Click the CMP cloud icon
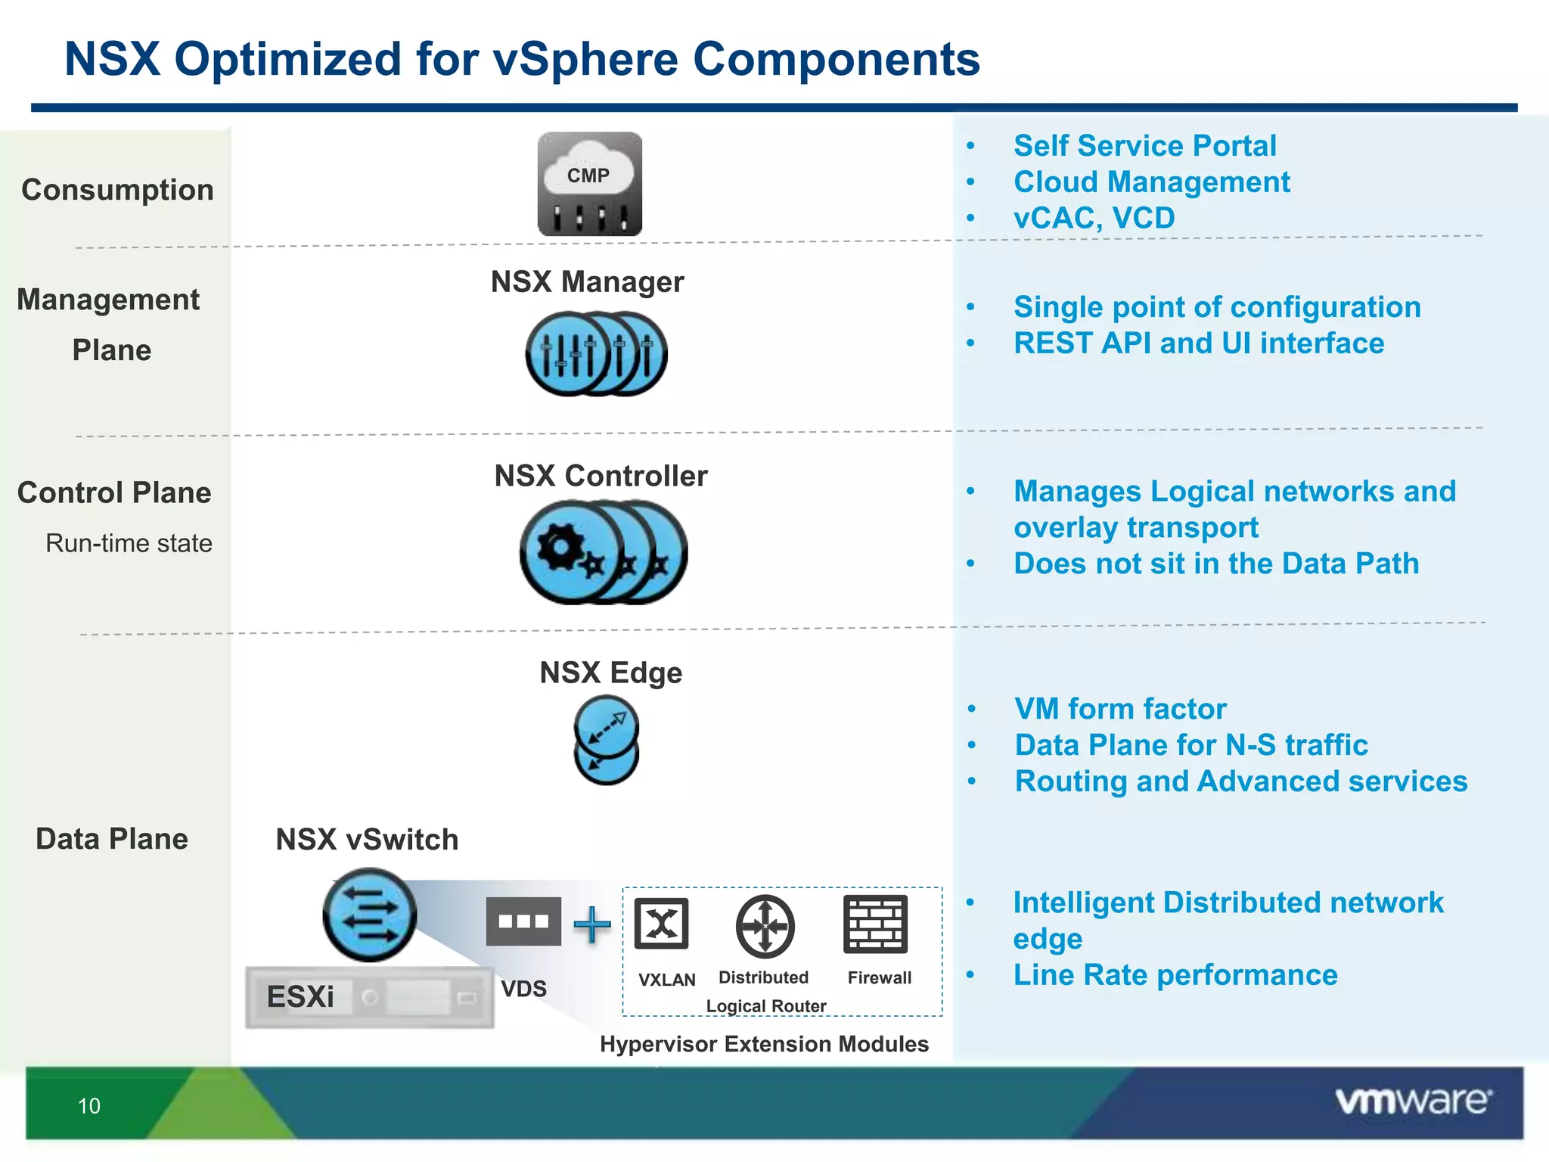[x=589, y=184]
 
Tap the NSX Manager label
[x=587, y=282]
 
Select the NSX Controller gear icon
[x=603, y=552]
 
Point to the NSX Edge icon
[x=607, y=740]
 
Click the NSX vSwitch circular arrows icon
[x=369, y=915]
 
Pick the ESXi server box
[x=369, y=997]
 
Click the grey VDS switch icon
[x=523, y=921]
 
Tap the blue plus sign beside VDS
[x=592, y=924]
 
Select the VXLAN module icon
[x=662, y=924]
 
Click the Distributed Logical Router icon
[x=765, y=926]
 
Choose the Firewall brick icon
[x=875, y=924]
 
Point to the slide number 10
[x=89, y=1106]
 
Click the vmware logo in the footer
[x=1413, y=1101]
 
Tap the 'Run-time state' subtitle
[x=129, y=543]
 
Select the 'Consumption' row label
[x=117, y=190]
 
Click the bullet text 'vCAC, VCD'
[x=1094, y=219]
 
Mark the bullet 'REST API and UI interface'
[x=1199, y=343]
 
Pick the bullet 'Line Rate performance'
[x=1175, y=975]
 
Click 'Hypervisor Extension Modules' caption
[x=764, y=1044]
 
